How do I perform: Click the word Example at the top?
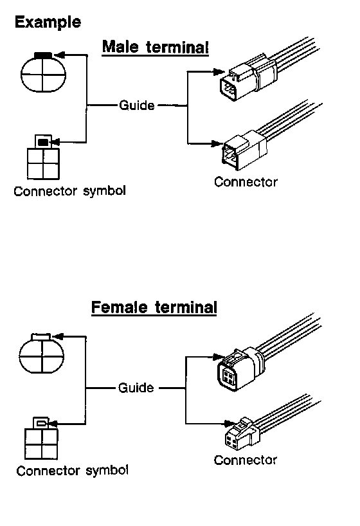point(48,23)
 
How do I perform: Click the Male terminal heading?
point(156,47)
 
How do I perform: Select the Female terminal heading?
point(154,307)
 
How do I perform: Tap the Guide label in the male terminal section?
point(137,105)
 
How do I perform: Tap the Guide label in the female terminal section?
point(136,388)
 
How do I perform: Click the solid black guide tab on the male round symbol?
point(43,55)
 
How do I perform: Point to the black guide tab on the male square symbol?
point(43,142)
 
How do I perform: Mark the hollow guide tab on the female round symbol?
point(41,336)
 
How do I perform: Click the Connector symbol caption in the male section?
point(70,191)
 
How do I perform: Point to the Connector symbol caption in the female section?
point(72,470)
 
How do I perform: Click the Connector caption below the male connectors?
point(246,182)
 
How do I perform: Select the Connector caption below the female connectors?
point(246,460)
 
